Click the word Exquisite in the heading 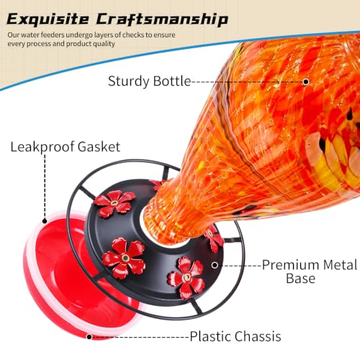click(x=48, y=19)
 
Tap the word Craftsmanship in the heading click(x=162, y=19)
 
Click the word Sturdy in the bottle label click(x=129, y=81)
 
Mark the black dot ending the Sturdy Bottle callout click(x=305, y=82)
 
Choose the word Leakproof click(x=42, y=147)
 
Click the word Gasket click(x=99, y=146)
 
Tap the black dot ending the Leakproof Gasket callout click(x=45, y=221)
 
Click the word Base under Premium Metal click(x=301, y=279)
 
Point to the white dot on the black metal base click(x=215, y=265)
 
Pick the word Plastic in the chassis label click(x=209, y=336)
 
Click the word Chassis click(x=256, y=336)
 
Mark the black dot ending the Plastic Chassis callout click(x=89, y=337)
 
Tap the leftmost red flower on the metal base click(x=114, y=203)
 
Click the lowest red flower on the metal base click(x=186, y=277)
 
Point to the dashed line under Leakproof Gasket click(x=45, y=186)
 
